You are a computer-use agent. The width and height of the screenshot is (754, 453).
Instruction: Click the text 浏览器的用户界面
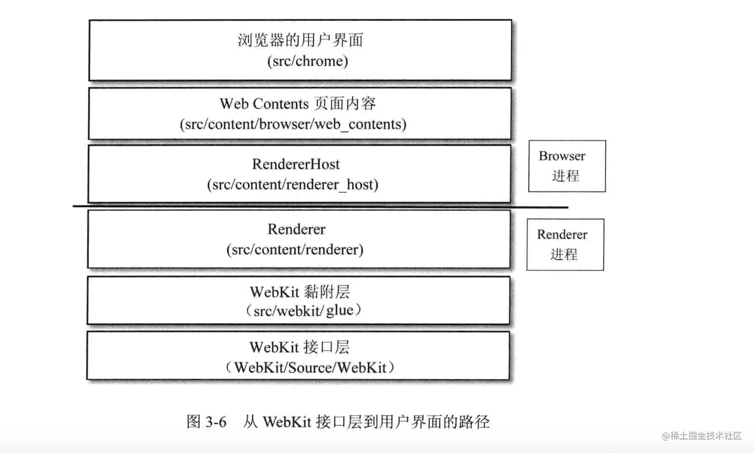point(300,40)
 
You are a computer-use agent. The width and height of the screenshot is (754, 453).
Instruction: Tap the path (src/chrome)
point(308,61)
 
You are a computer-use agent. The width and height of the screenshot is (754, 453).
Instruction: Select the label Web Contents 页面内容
point(298,104)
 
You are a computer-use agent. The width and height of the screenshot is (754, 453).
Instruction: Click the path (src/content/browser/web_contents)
point(293,124)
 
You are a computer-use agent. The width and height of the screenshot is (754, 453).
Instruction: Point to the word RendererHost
point(296,164)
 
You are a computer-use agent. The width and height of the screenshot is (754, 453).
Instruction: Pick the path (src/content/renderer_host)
point(293,185)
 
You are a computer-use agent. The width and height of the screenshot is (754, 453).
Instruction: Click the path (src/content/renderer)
point(295,249)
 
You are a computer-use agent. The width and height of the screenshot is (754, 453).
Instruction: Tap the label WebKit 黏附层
point(300,292)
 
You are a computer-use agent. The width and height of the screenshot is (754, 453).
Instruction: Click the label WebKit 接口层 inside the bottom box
point(300,347)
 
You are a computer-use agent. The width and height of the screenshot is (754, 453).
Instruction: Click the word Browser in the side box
point(562,156)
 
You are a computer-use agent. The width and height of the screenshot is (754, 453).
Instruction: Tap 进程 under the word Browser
point(565,176)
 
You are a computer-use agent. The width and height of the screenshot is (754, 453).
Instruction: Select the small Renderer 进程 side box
point(565,245)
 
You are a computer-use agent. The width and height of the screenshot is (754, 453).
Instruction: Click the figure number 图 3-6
point(206,422)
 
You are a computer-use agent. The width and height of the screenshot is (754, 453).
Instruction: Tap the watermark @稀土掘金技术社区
point(702,436)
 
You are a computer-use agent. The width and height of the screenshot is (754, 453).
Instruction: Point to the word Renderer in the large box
point(296,229)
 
